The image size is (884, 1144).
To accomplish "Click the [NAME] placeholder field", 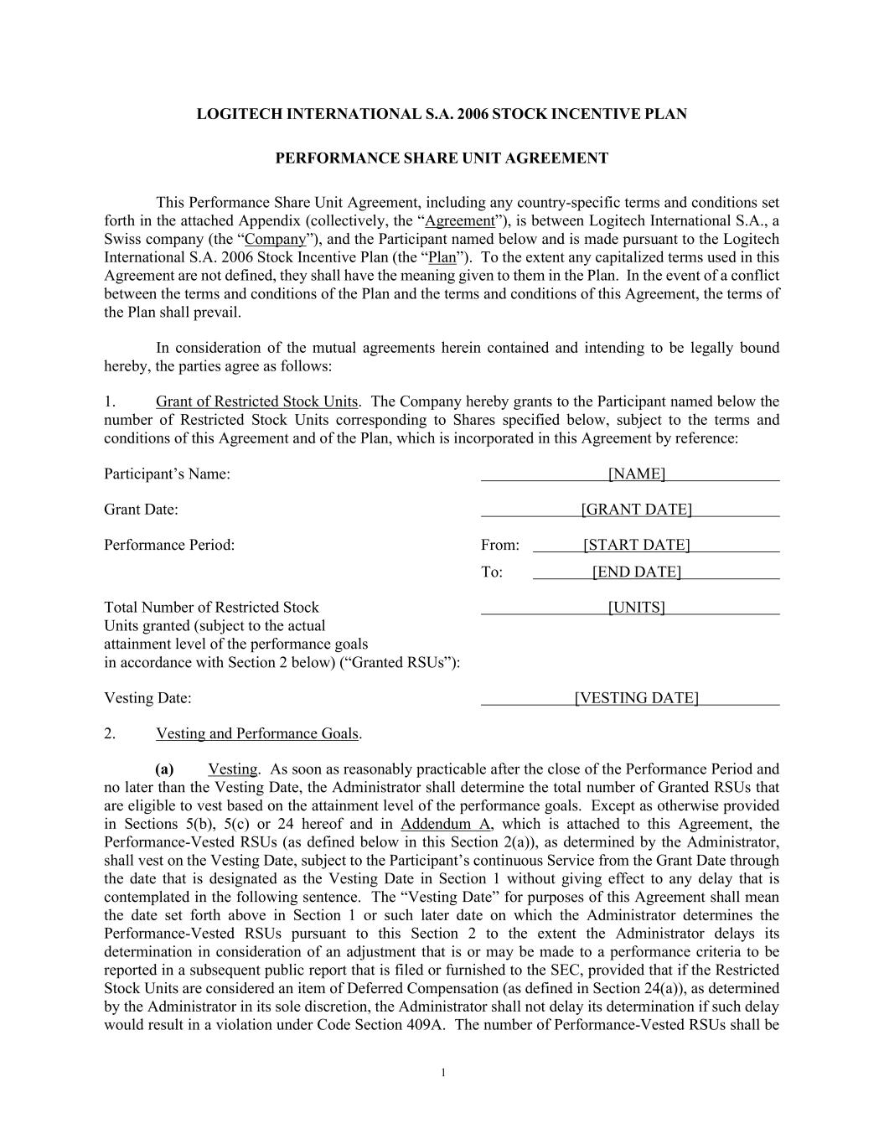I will tap(636, 474).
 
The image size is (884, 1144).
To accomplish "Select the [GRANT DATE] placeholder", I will tap(636, 510).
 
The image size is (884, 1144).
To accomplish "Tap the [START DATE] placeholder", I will tap(636, 546).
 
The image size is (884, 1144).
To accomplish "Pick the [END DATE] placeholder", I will tap(636, 572).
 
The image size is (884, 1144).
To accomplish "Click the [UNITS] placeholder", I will tap(636, 608).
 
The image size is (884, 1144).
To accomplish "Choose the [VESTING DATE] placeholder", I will tap(636, 698).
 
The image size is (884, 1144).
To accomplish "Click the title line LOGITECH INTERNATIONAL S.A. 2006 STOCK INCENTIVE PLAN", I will tap(442, 114).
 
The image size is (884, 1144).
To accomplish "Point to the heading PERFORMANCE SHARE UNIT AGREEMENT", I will tap(442, 158).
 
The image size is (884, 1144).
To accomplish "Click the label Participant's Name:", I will tap(167, 474).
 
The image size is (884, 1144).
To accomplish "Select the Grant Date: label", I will tap(141, 510).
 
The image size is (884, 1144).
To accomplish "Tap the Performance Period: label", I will tap(169, 546).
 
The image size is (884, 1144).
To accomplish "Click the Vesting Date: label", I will tap(147, 698).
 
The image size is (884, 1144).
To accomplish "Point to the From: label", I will tap(499, 546).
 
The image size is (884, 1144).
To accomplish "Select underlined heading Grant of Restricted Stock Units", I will tap(256, 401).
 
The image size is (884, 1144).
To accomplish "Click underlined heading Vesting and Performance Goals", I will tap(257, 734).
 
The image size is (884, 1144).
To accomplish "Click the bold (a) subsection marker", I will tap(164, 769).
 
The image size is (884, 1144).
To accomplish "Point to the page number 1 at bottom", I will tap(442, 1074).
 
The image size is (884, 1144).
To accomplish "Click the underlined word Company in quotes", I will tap(274, 240).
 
